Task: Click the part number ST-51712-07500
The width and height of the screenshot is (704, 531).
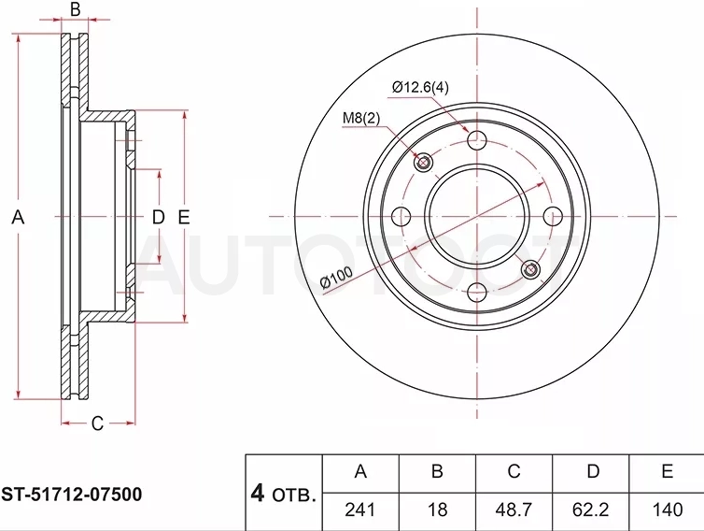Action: (x=71, y=495)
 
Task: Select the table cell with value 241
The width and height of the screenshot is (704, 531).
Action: (x=360, y=510)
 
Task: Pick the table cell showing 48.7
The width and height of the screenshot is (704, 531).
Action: (x=514, y=510)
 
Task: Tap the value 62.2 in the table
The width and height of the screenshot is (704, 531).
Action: (x=590, y=510)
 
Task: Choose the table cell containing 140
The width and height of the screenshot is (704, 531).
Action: (x=668, y=510)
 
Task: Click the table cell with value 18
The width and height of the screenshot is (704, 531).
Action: (x=437, y=510)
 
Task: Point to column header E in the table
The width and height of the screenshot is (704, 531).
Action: (x=668, y=472)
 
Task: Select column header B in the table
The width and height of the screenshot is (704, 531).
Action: (x=437, y=472)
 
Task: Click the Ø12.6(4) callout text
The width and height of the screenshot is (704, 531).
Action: (x=420, y=87)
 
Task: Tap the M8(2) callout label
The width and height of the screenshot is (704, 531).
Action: (x=361, y=118)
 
